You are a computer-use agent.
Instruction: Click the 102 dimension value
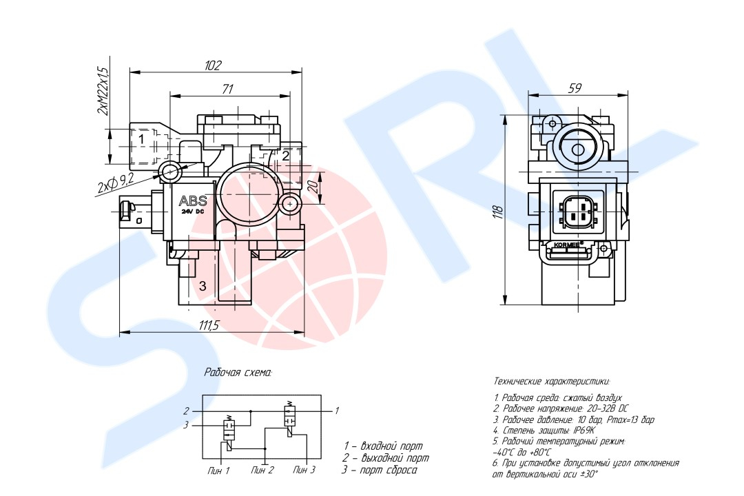click(213, 65)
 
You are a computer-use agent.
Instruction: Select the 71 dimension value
click(228, 89)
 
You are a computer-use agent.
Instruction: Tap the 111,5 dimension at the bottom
click(209, 325)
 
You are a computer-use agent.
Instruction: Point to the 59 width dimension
click(575, 88)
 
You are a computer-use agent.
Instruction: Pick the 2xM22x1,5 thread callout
click(103, 91)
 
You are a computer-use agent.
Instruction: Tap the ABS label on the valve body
click(193, 200)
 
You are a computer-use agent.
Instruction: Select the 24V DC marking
click(193, 211)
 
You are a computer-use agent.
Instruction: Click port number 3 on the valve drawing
click(203, 286)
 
